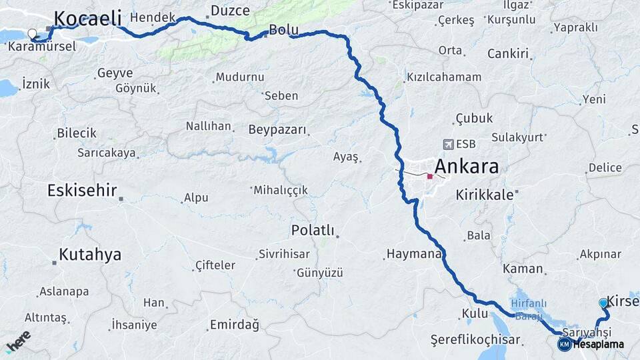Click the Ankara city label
467,166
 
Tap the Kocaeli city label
87,19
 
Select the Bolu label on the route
283,29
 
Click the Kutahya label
90,254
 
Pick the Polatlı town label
312,230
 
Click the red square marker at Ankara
430,177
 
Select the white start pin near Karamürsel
31,33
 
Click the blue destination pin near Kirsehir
603,303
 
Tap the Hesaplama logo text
598,345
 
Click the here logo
18,341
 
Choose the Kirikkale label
485,195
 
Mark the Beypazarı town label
277,129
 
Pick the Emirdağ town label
234,325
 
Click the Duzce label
230,11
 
